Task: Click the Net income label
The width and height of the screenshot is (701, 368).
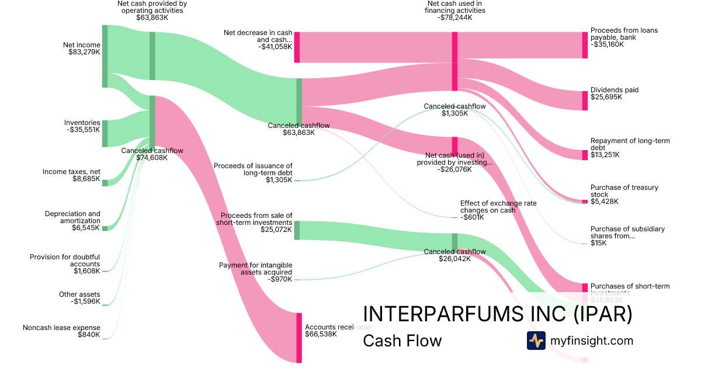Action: [x=81, y=45]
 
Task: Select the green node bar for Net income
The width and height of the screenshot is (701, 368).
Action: [x=105, y=56]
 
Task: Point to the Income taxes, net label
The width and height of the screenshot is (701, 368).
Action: [x=71, y=172]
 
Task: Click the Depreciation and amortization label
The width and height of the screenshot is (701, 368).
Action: [x=72, y=217]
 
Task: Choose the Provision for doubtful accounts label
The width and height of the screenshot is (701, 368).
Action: [x=65, y=261]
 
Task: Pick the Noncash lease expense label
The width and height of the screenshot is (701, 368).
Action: [x=61, y=328]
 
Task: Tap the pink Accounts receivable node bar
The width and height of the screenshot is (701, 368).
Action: [x=300, y=338]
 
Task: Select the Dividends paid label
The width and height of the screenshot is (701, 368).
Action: [x=614, y=90]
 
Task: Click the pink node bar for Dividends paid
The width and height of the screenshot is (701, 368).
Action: [x=585, y=100]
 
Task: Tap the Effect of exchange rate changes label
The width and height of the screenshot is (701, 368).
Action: [x=498, y=207]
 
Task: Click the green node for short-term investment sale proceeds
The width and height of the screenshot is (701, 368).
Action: [x=297, y=230]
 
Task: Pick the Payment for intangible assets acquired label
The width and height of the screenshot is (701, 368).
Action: [x=255, y=269]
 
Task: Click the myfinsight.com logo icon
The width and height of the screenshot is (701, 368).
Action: [x=536, y=341]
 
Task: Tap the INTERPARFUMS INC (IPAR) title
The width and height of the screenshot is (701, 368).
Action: [x=497, y=314]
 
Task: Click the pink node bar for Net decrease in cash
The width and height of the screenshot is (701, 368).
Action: [x=297, y=47]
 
